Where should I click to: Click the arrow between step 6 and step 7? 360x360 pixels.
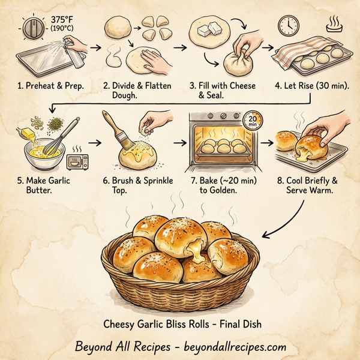coord(178,144)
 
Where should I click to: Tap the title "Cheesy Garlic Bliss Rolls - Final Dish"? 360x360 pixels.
coord(181,325)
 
